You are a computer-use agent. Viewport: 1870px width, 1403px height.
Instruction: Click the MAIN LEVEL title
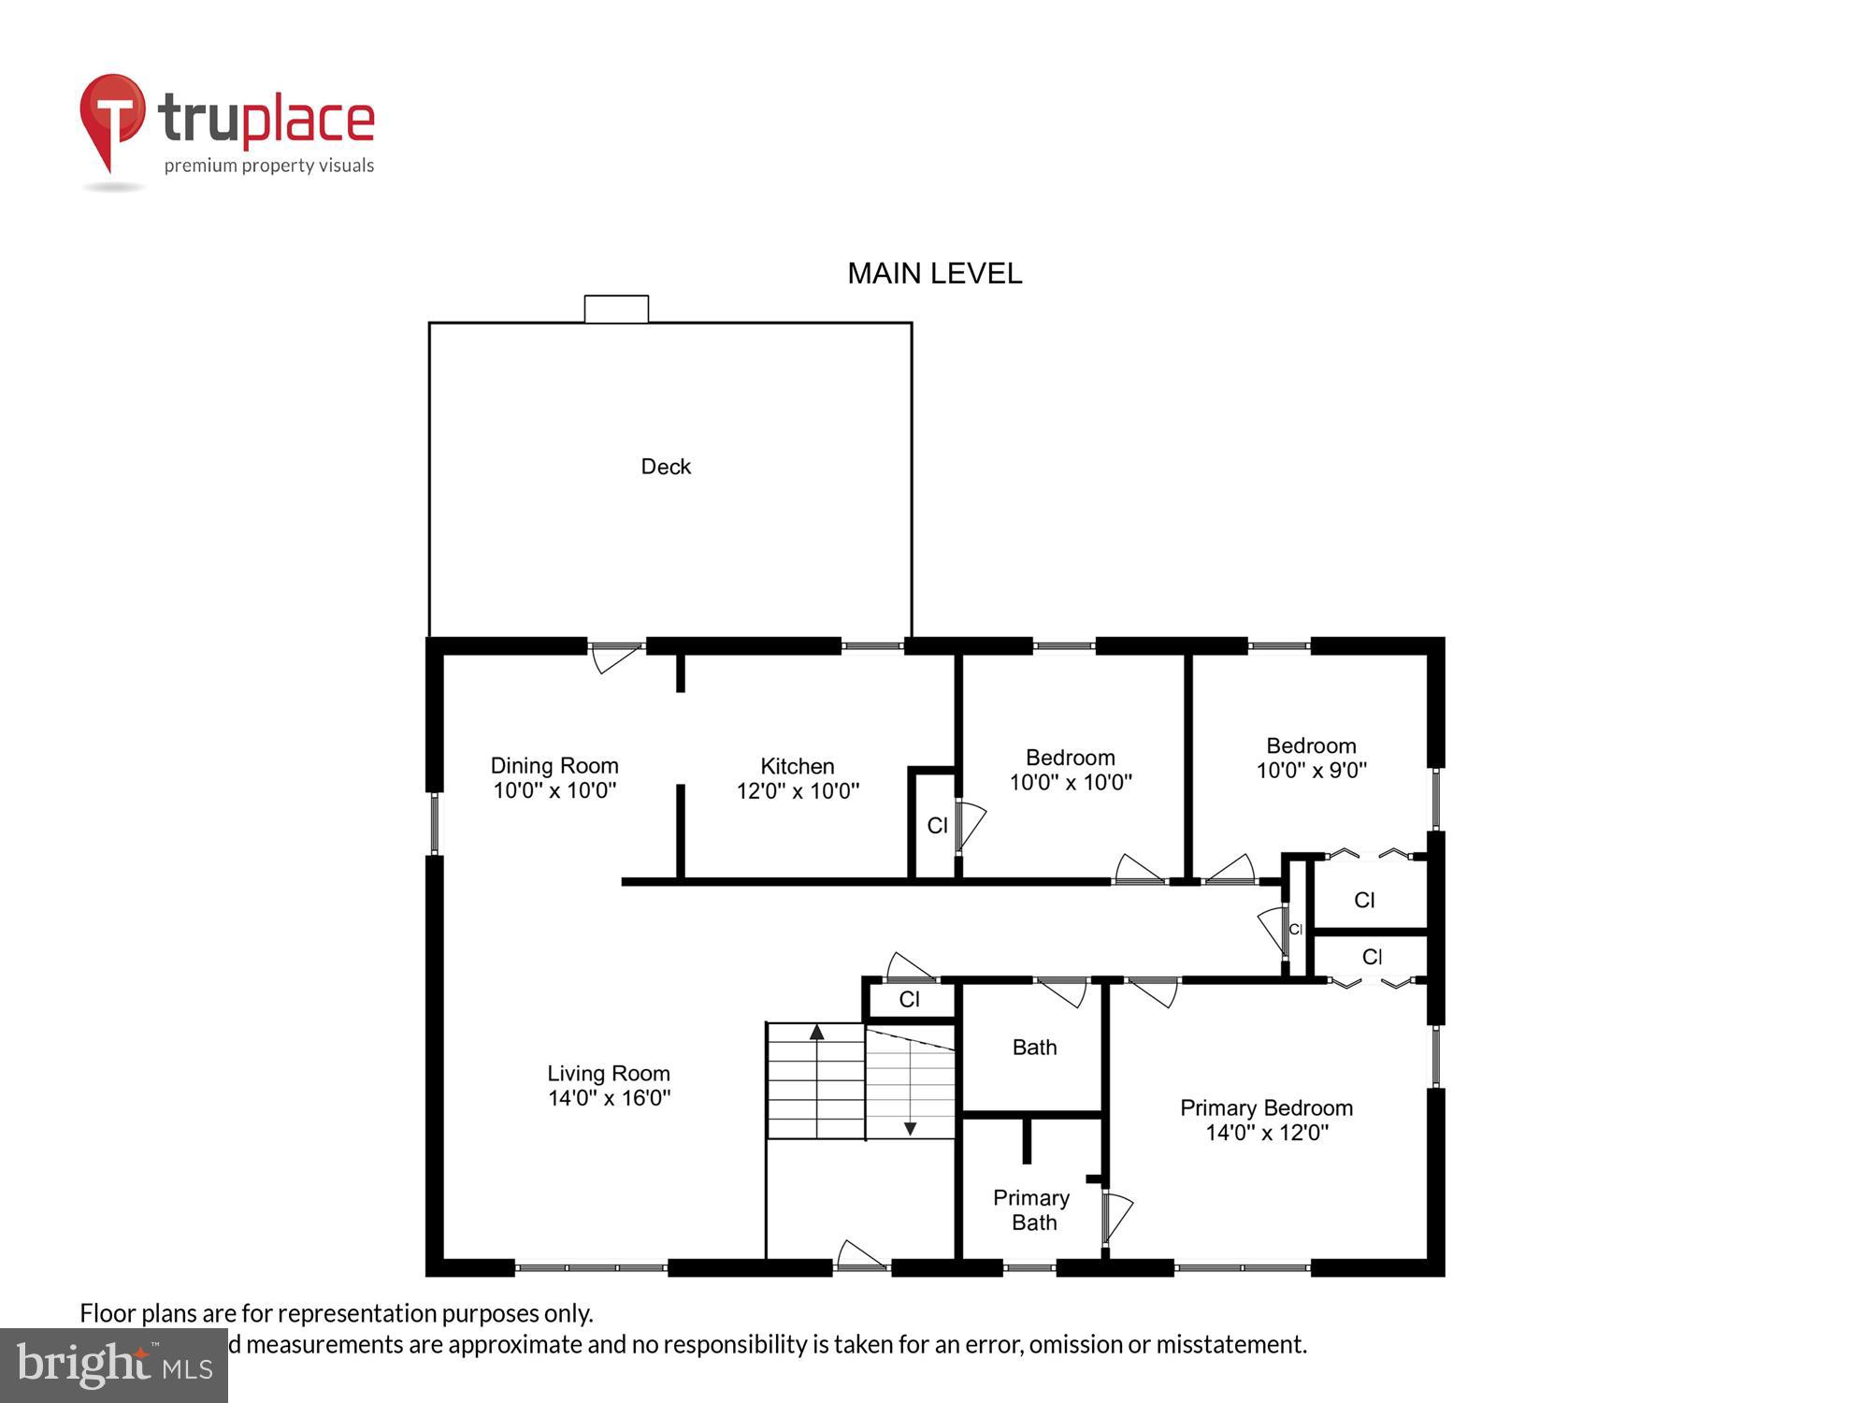(934, 273)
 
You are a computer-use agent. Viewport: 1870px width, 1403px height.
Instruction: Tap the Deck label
(666, 467)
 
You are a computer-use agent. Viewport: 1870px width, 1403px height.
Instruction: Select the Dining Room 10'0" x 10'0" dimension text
(554, 790)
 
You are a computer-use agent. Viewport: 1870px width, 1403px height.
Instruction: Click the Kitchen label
(797, 766)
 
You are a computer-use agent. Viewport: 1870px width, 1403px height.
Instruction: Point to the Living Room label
(609, 1074)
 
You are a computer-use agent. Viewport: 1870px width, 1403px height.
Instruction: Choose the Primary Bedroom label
(1266, 1108)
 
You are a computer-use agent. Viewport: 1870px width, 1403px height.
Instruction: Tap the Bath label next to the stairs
(1034, 1048)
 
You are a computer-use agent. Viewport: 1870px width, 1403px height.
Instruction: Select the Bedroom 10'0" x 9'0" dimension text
(1311, 771)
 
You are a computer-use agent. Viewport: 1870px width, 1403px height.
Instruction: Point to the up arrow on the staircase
(817, 1033)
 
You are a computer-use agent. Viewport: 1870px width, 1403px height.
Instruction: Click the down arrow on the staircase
(910, 1128)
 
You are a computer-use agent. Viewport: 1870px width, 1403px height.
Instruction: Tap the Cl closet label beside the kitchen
(937, 826)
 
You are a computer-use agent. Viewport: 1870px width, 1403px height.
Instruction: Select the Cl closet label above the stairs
(909, 1000)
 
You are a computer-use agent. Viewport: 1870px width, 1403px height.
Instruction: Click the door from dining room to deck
(616, 657)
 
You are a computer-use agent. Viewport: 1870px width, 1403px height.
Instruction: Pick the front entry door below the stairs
(860, 1256)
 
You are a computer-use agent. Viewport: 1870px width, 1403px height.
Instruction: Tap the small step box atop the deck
(616, 309)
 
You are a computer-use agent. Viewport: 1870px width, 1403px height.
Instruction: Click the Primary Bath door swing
(1116, 1217)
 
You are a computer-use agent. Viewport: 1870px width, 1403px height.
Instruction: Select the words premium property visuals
(269, 166)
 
